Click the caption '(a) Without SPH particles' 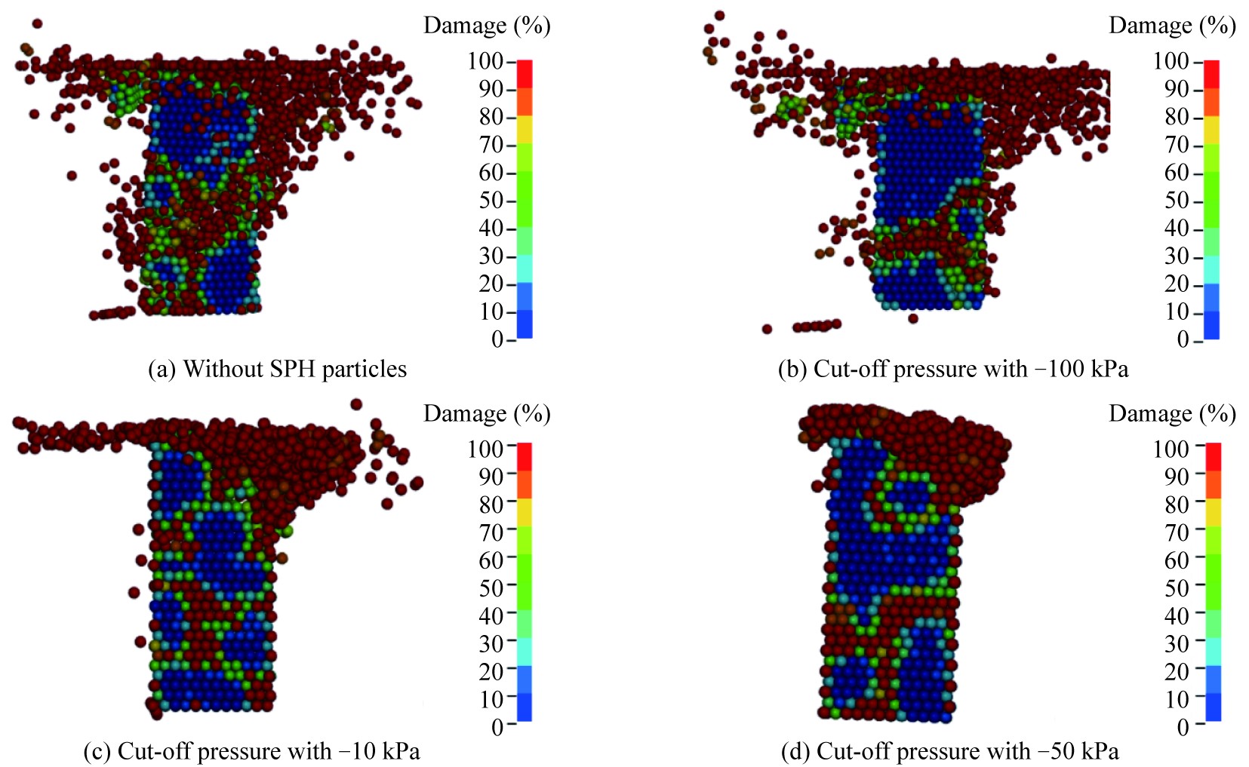(277, 369)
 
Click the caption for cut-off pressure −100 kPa (953, 369)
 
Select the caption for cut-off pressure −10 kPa (251, 751)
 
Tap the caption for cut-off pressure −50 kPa (949, 751)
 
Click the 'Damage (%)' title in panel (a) (487, 26)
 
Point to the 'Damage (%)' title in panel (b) (1172, 26)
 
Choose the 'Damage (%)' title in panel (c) (487, 413)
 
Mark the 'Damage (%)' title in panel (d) (1172, 413)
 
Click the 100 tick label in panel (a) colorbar (485, 61)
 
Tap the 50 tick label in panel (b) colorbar (1177, 201)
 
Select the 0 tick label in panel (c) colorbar (497, 727)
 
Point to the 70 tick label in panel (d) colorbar (1177, 532)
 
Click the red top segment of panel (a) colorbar (525, 74)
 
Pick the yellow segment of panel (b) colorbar (1211, 130)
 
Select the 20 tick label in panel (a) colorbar (491, 284)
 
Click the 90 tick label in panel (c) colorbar (491, 477)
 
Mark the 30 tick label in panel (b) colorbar (1177, 256)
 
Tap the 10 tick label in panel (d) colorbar (1177, 699)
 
